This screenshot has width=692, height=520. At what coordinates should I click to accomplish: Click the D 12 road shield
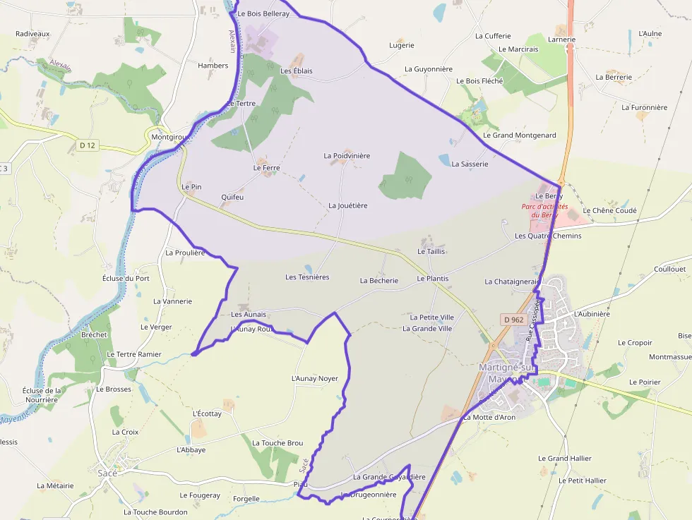88,145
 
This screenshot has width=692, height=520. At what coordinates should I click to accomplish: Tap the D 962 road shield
514,320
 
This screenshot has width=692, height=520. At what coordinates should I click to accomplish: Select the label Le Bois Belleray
263,13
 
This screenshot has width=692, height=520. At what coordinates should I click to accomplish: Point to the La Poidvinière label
347,155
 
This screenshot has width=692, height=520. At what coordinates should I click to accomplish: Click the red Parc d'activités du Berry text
544,210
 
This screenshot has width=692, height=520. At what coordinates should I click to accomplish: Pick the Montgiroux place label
167,138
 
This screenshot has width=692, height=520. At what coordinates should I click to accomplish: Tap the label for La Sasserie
470,164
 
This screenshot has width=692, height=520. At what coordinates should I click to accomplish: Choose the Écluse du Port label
126,278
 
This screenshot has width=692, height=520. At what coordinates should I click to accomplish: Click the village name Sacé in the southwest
107,473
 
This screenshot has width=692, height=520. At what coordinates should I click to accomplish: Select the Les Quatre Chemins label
548,236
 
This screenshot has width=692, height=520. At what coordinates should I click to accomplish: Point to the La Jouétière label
348,205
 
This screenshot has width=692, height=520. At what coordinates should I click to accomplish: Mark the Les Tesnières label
307,277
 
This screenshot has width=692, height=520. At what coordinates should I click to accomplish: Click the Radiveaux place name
32,33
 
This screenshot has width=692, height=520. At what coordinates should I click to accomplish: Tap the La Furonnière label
644,107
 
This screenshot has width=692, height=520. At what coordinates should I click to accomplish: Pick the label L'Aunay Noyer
314,378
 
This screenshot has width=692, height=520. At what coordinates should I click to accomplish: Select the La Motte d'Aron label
489,417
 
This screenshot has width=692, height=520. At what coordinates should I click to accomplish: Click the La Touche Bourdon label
155,512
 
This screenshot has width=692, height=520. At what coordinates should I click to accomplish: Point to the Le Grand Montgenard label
519,135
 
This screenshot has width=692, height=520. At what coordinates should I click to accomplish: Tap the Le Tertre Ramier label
133,354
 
